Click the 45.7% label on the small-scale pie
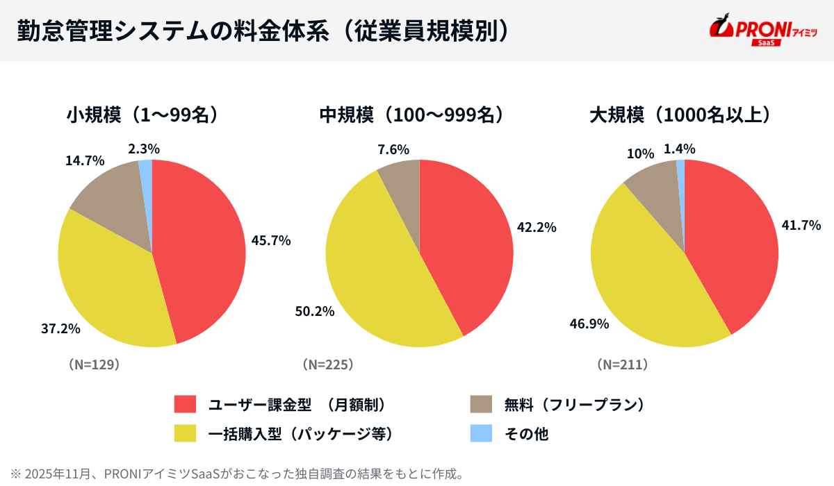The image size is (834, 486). [x=270, y=240]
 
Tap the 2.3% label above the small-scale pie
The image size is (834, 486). [x=144, y=149]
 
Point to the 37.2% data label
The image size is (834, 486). [x=60, y=328]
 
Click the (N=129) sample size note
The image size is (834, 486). [x=94, y=364]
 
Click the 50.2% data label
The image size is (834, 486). [x=315, y=311]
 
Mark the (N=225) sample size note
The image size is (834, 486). [x=328, y=364]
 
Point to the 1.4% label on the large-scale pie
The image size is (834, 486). [x=679, y=149]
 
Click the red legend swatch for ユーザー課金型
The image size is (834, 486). [x=186, y=404]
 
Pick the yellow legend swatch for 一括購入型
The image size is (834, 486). [x=186, y=433]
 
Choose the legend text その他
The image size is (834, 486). [x=526, y=434]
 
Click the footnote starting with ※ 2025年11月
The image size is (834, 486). [x=236, y=474]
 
